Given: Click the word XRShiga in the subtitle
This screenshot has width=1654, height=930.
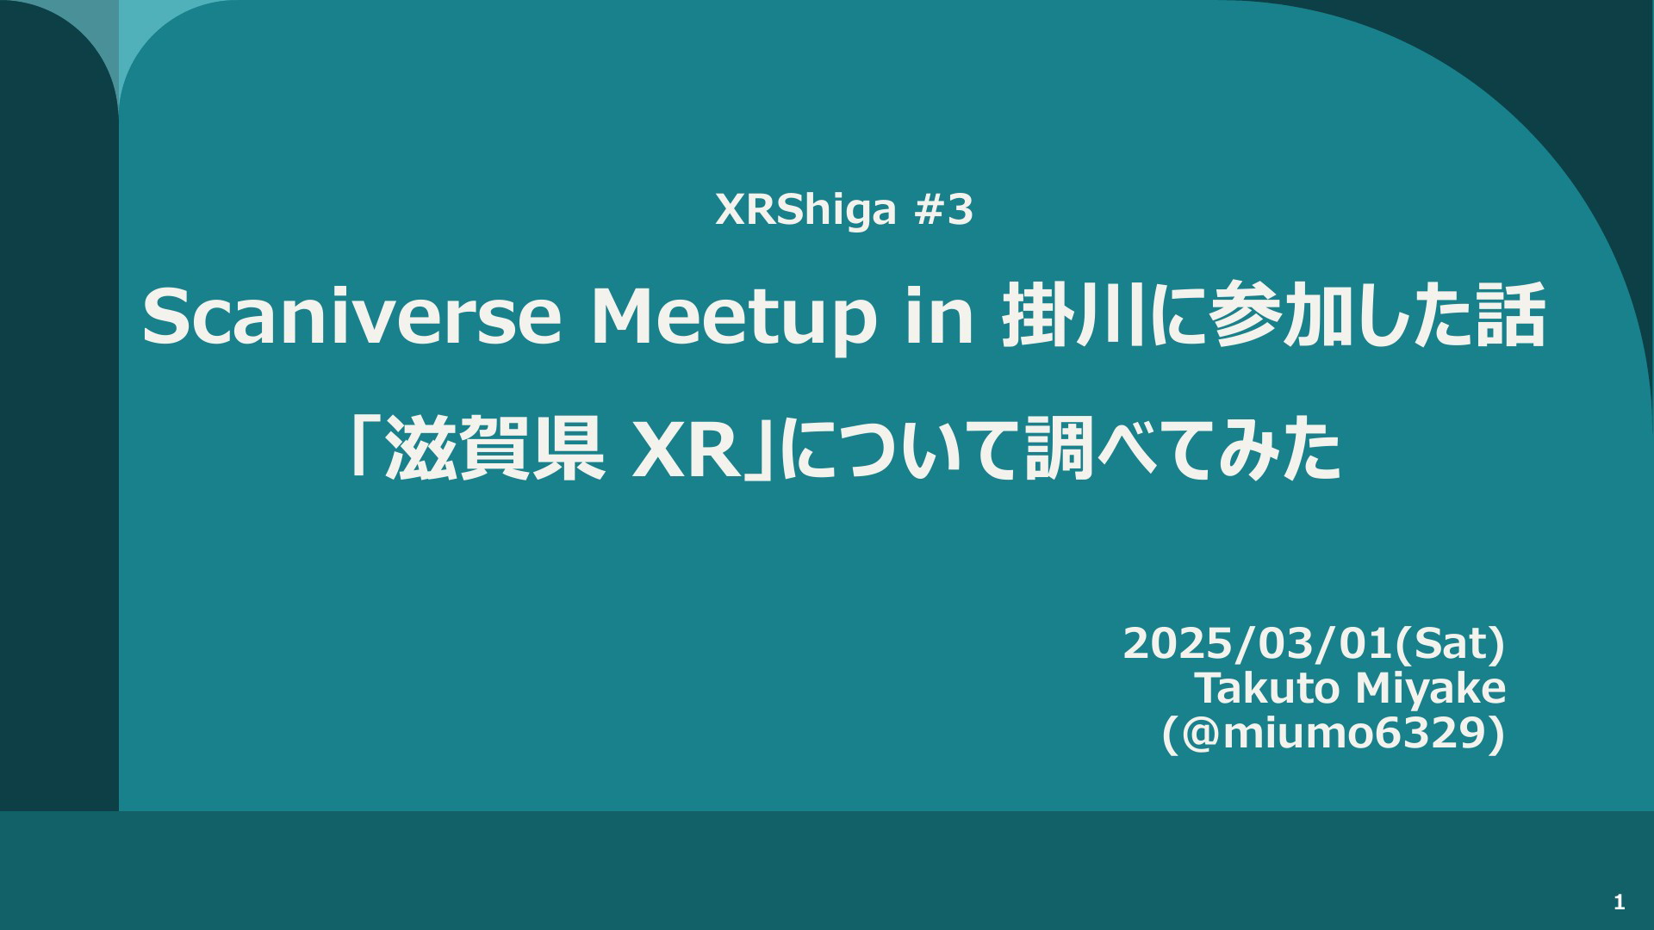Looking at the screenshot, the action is [806, 211].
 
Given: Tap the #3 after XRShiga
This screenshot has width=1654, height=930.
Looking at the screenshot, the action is [943, 209].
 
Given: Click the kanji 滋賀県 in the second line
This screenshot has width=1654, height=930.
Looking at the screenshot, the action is [494, 449].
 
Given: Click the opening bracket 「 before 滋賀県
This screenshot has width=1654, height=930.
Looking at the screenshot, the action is [362, 446].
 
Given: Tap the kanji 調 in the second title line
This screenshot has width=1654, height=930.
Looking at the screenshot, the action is [1059, 449].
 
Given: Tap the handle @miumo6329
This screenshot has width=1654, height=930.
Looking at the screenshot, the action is [1334, 734].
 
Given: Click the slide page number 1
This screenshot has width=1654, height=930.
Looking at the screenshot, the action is [1620, 902].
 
